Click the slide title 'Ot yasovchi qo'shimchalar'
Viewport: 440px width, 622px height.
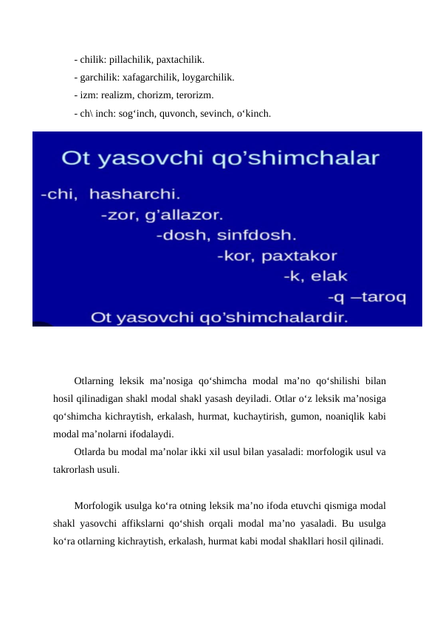tap(219, 158)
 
